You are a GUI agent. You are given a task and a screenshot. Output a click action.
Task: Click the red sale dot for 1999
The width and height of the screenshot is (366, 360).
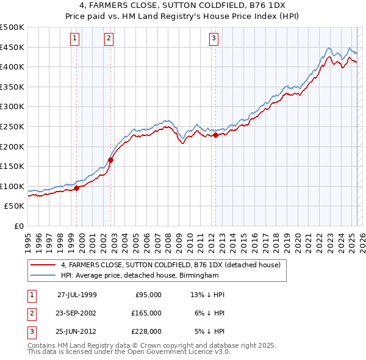point(77,189)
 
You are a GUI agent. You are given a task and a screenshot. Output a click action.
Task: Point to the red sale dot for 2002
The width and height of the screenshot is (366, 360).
point(111,160)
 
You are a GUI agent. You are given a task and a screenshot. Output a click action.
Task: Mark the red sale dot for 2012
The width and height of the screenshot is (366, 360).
point(216,135)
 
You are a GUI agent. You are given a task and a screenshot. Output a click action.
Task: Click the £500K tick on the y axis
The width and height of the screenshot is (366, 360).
point(12,27)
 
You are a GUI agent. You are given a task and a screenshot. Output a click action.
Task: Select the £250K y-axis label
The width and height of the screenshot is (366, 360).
point(12,126)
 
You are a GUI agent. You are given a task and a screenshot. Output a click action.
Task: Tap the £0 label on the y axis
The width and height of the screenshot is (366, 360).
point(19,226)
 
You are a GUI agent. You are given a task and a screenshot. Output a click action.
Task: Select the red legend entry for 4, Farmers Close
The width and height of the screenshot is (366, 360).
point(170,265)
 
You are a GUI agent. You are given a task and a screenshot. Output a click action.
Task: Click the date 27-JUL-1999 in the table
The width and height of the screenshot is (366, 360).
point(77,294)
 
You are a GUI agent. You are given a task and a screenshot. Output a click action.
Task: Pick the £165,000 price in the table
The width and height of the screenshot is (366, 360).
point(146,312)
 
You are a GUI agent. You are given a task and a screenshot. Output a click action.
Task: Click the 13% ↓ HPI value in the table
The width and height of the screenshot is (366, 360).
point(208,294)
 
